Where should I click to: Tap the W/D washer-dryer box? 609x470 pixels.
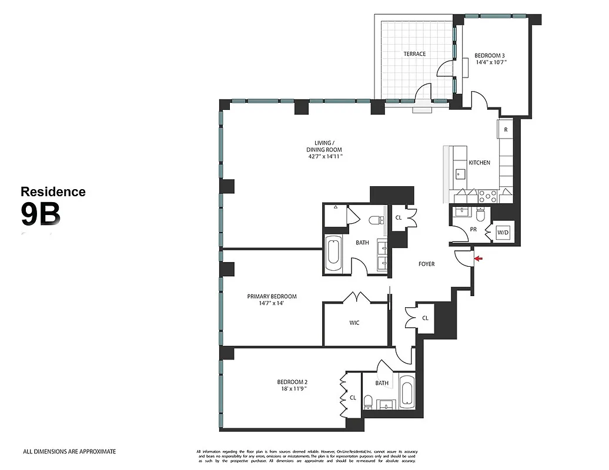point(504,232)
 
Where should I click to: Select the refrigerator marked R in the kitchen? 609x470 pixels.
point(506,129)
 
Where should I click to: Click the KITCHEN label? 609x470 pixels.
point(479,163)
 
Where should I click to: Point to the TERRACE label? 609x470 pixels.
point(414,54)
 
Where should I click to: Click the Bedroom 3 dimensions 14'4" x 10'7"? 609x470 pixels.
point(491,62)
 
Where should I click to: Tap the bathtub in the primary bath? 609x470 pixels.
point(333,254)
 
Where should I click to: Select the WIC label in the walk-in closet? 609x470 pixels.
point(354,323)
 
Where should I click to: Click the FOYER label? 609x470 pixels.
point(426,264)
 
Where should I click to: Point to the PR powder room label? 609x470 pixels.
point(473,230)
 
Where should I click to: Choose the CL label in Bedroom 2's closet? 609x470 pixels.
point(353,398)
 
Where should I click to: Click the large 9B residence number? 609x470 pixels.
point(41,214)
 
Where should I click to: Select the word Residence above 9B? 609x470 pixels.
point(53,192)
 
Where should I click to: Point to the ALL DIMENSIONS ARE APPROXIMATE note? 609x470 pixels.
point(69,452)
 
